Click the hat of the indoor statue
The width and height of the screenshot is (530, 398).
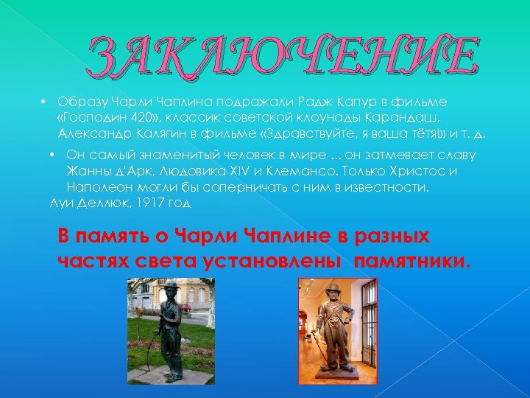(333, 288)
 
